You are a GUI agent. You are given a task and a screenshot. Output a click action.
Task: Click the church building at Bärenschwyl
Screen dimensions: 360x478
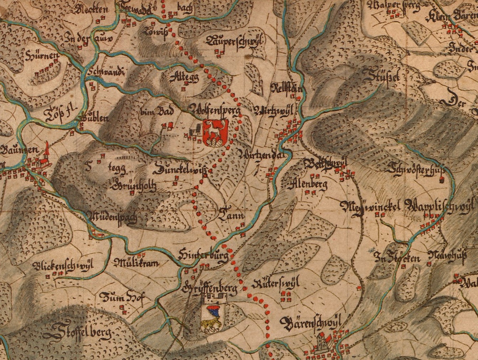pos(323,342)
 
